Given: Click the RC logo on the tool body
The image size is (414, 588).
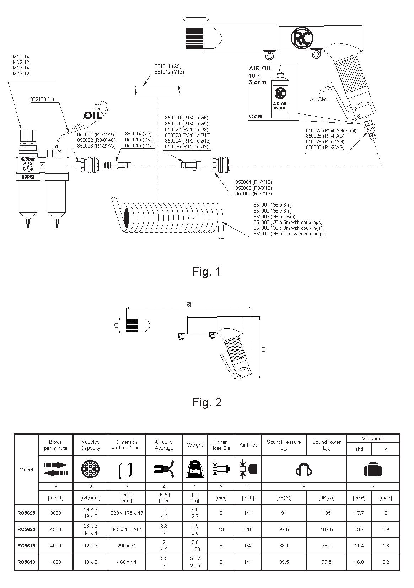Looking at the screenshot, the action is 302,38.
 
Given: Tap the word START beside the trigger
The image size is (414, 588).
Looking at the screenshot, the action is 319,99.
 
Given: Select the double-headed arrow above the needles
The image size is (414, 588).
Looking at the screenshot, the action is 196,18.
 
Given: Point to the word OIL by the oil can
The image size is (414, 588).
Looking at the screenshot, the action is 93,115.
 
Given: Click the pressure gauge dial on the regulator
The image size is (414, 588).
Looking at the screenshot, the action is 28,167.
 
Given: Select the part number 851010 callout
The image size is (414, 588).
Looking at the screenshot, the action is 289,234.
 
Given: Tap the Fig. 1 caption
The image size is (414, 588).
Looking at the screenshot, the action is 207,271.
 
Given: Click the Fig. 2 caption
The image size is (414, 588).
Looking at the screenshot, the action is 207,402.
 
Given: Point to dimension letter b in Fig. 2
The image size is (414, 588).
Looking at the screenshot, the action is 263,349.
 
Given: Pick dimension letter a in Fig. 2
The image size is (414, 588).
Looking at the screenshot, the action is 189,304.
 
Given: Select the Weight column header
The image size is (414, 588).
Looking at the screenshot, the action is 195,445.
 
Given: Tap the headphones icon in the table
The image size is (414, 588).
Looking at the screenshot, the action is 303,469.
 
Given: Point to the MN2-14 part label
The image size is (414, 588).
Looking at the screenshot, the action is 21,57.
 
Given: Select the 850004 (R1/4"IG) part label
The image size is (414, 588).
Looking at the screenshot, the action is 254,182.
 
